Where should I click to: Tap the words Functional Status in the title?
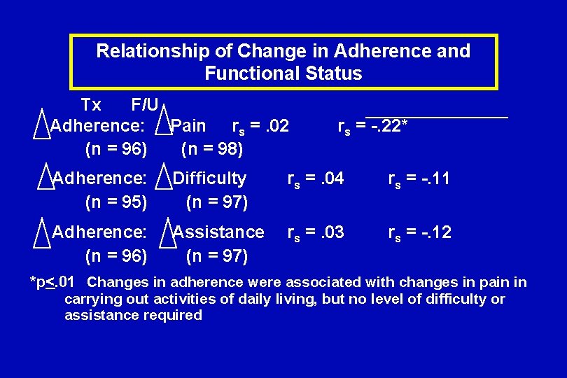pyautogui.click(x=283, y=73)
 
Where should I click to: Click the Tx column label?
pyautogui.click(x=91, y=105)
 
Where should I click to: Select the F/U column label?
pyautogui.click(x=145, y=105)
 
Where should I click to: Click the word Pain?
pyautogui.click(x=189, y=126)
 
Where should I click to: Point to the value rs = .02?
pyautogui.click(x=260, y=126)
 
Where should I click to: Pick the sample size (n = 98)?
pyautogui.click(x=212, y=148)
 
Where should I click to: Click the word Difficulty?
pyautogui.click(x=210, y=178)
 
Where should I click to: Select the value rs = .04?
pyautogui.click(x=316, y=178)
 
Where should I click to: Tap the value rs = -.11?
pyautogui.click(x=420, y=178)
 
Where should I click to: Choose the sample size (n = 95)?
pyautogui.click(x=116, y=202)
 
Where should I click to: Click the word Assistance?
pyautogui.click(x=219, y=232)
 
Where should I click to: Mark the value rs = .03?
pyautogui.click(x=316, y=232)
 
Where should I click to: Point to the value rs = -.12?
pyautogui.click(x=420, y=232)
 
